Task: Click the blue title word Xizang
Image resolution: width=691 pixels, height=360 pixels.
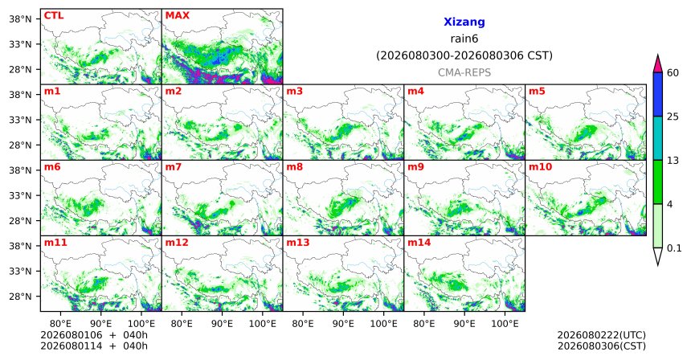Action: (x=464, y=22)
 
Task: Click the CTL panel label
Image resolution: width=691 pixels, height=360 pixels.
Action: (x=54, y=16)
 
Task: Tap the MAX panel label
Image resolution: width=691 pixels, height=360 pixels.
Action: (x=177, y=16)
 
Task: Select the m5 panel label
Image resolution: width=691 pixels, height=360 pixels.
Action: (x=537, y=92)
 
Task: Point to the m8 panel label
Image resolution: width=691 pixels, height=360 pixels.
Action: (x=294, y=167)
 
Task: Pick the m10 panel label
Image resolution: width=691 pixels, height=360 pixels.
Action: (x=540, y=167)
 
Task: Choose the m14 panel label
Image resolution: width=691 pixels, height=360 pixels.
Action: (x=419, y=243)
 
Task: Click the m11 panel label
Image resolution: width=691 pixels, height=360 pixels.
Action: (x=55, y=243)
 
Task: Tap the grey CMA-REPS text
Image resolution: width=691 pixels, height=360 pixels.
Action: (x=464, y=72)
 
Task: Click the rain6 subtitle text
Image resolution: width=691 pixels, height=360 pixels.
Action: (x=464, y=39)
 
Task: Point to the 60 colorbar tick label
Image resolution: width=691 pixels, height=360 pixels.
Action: (x=673, y=73)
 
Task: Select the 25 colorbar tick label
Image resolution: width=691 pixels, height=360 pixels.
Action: (x=673, y=117)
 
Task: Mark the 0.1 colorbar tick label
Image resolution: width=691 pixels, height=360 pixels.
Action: (x=674, y=248)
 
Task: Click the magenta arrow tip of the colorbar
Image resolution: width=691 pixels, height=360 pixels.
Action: (x=657, y=55)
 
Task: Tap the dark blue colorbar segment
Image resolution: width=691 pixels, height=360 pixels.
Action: (x=657, y=94)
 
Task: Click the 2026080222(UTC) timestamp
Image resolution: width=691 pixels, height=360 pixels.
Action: (x=602, y=336)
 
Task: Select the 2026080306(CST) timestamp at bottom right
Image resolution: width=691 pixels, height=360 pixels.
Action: (x=602, y=346)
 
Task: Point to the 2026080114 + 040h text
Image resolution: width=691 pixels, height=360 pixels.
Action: (x=94, y=346)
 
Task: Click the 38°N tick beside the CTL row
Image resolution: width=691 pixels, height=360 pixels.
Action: (x=20, y=19)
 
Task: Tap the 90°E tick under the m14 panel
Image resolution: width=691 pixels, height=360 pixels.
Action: (x=464, y=325)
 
